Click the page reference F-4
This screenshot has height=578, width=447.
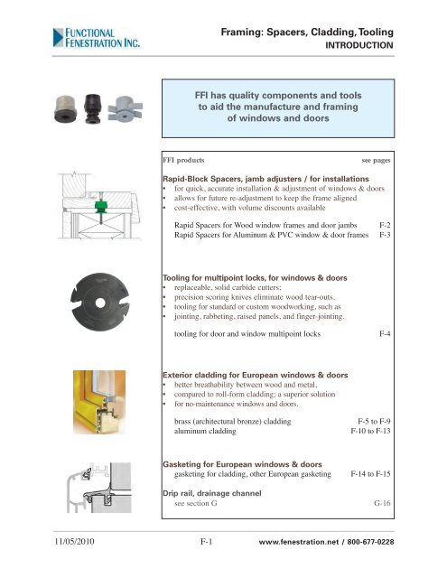point(386,333)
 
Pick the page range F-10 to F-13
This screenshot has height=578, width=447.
point(370,433)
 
